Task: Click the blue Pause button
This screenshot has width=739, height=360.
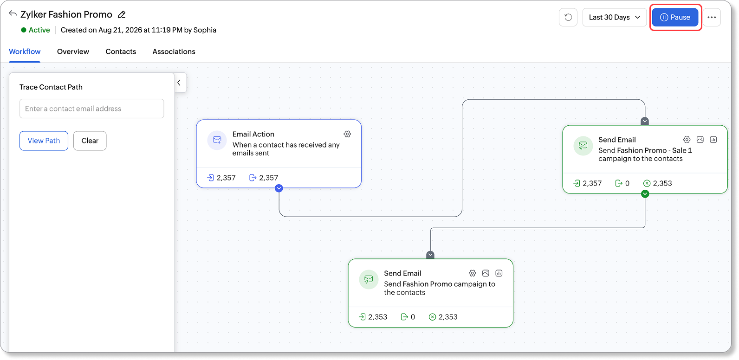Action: (x=675, y=17)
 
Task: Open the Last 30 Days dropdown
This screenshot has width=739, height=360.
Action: (x=614, y=17)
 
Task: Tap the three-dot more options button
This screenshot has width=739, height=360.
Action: (x=712, y=17)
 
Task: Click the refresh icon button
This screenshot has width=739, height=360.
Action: (x=568, y=17)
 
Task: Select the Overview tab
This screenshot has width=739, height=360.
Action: (x=73, y=51)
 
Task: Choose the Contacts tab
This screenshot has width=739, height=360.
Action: (x=121, y=51)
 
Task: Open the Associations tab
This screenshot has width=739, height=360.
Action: (x=174, y=51)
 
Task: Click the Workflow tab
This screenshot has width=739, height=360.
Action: (x=25, y=51)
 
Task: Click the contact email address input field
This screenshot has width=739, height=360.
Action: (x=92, y=109)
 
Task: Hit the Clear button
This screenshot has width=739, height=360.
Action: (x=90, y=141)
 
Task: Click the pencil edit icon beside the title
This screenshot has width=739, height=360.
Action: (x=122, y=14)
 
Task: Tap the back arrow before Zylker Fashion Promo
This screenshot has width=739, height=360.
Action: (x=13, y=13)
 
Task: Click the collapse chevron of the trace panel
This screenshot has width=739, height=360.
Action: (x=179, y=83)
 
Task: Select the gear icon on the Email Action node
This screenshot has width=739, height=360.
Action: (x=347, y=134)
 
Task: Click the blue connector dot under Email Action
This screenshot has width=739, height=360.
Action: (x=279, y=188)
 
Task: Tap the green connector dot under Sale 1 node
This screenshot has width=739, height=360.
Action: (x=645, y=194)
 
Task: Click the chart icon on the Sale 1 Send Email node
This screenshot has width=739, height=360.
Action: (x=713, y=140)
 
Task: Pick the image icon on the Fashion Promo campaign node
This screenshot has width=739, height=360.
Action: (x=486, y=273)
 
